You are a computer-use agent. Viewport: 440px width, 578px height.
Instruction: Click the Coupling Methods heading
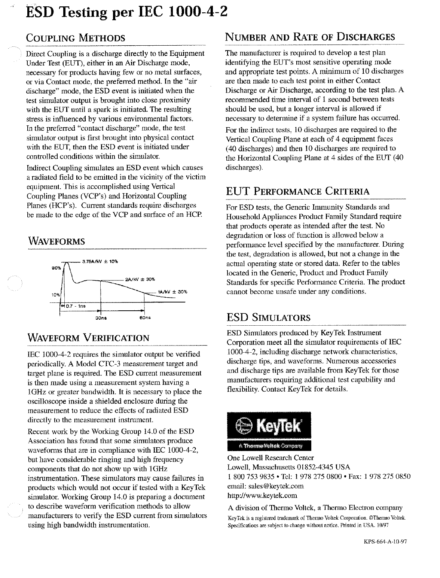click(75, 38)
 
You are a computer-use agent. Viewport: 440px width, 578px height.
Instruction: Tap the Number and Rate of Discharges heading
click(310, 37)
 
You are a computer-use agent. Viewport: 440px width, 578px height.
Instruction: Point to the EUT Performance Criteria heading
click(298, 192)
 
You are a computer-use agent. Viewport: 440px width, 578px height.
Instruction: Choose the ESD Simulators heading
click(268, 318)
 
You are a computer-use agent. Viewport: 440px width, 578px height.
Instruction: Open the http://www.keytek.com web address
click(262, 496)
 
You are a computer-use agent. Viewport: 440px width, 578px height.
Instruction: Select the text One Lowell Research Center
click(271, 458)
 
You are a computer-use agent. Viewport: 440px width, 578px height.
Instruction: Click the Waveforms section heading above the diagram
click(56, 241)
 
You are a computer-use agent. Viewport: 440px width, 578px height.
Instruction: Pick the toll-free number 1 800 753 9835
click(248, 477)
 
